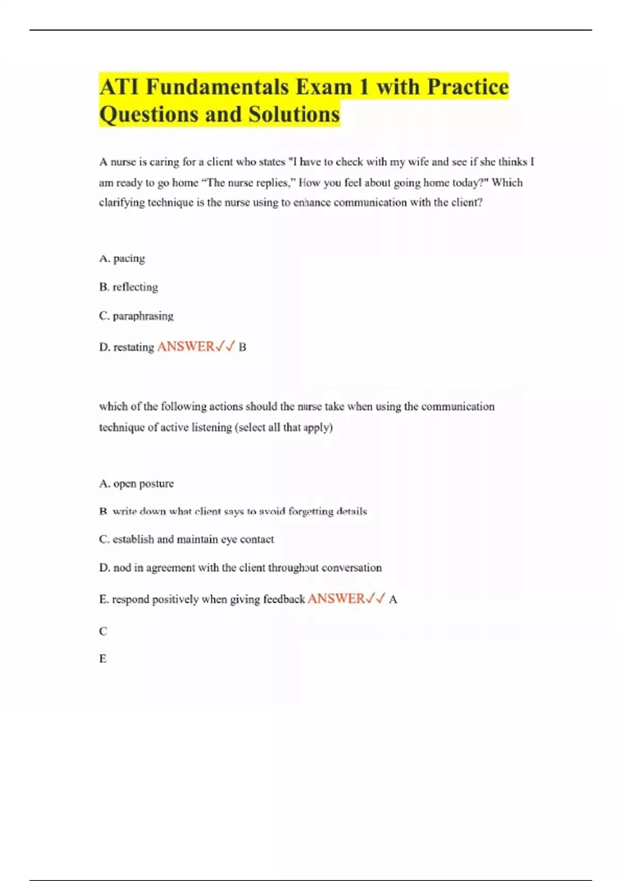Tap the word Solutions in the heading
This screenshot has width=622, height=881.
(x=294, y=114)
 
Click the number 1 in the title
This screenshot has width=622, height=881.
(x=364, y=87)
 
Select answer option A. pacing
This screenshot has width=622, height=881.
(x=122, y=258)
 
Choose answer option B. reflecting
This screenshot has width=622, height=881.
(x=129, y=287)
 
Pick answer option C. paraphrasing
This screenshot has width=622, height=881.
(x=136, y=316)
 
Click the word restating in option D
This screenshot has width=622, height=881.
(x=134, y=347)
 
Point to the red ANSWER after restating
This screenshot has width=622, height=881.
(x=186, y=346)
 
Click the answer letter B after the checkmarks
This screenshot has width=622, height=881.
(x=242, y=347)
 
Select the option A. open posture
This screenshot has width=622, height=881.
(x=136, y=484)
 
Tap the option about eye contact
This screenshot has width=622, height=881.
(x=187, y=539)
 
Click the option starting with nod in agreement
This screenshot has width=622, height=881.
(x=240, y=568)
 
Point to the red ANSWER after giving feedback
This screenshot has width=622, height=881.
(x=336, y=599)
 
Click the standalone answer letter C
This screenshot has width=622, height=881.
(x=103, y=631)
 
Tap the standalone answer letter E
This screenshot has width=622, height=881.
(x=103, y=659)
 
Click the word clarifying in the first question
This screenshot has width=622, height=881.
(x=122, y=203)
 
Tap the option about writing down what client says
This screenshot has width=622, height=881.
(x=233, y=511)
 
